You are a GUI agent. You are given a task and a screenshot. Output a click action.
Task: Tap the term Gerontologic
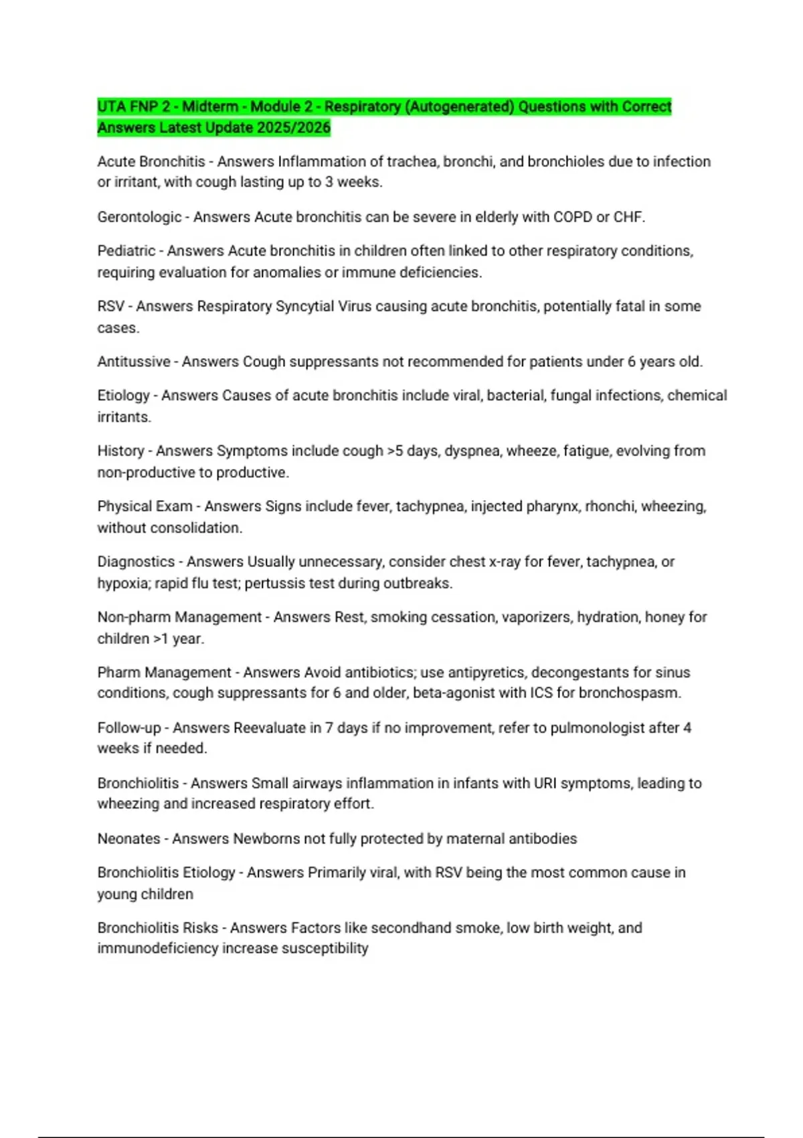(139, 217)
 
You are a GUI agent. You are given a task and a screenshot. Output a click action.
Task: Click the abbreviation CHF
(628, 217)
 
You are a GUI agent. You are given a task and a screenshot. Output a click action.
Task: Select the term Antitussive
(134, 361)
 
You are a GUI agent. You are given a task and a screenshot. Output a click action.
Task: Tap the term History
(120, 451)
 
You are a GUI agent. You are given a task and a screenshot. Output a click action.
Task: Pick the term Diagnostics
(136, 562)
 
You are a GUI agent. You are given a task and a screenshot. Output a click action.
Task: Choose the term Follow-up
(129, 728)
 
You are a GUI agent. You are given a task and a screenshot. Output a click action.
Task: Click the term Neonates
(128, 839)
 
